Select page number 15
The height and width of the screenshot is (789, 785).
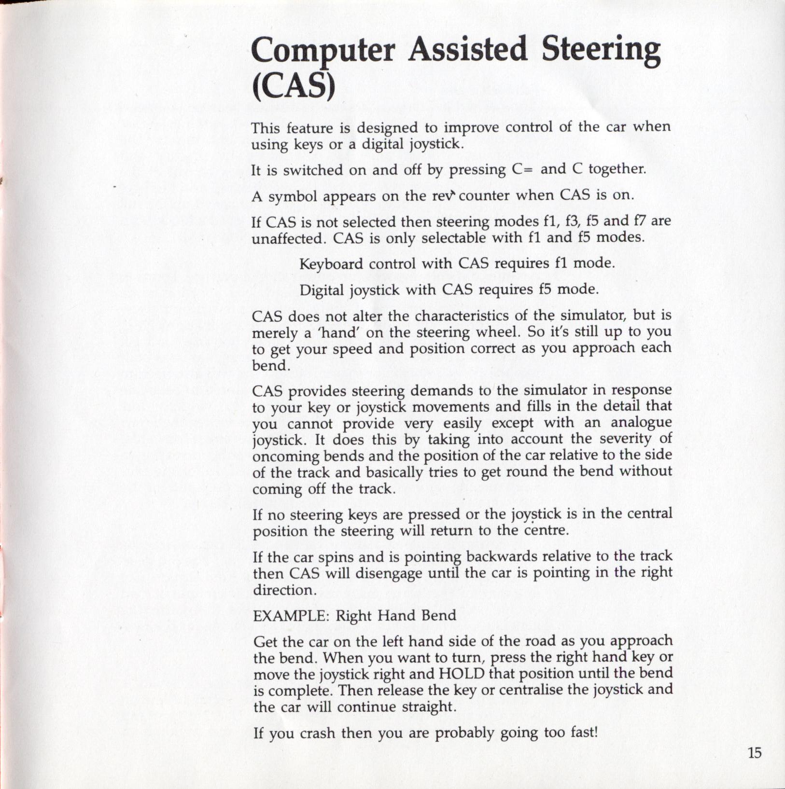755,752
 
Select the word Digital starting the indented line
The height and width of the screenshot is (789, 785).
322,290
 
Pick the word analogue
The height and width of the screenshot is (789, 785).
641,422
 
